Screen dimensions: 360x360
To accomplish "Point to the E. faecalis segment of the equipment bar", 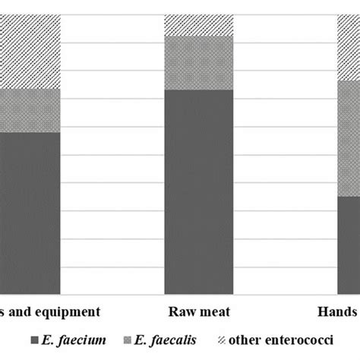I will [29, 111].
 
